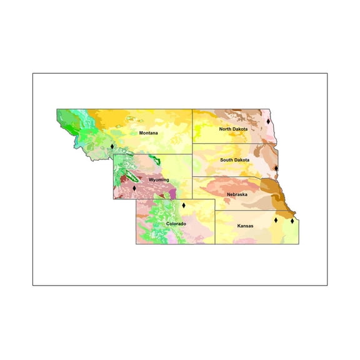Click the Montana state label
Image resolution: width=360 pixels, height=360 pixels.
pos(148,133)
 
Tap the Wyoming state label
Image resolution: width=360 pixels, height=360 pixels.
pos(159,179)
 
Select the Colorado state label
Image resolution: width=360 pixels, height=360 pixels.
pos(176,223)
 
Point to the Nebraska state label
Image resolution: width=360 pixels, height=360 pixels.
pos(237,194)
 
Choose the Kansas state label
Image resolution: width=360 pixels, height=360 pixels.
pos(246,226)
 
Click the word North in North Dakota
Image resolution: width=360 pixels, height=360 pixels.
pos(226,129)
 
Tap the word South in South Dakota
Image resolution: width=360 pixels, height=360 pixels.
pos(227,160)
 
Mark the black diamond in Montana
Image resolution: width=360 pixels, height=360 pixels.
pos(112,146)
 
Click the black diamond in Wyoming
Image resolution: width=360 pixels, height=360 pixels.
pos(134,187)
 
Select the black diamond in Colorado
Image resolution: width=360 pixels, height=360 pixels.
pos(184,205)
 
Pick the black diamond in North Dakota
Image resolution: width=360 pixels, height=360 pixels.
pos(267,121)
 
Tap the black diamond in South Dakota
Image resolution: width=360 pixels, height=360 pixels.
pos(276,167)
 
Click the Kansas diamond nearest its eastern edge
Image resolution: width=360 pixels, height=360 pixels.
pos(292,221)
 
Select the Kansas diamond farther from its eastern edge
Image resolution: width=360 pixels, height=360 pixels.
pos(276,219)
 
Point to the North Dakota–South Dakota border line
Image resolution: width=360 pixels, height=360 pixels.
pos(231,144)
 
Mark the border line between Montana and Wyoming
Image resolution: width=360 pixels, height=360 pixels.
pos(150,154)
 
